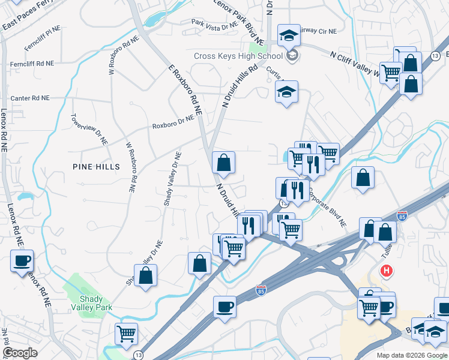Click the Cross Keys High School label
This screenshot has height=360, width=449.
click(x=238, y=56)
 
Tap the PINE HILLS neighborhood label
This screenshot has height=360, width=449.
click(x=96, y=166)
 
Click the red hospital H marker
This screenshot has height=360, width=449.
click(x=387, y=271)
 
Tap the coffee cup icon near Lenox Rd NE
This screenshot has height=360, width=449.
click(x=22, y=261)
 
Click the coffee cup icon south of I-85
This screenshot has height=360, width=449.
click(x=224, y=307)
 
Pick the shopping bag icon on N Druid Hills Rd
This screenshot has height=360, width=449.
click(x=223, y=163)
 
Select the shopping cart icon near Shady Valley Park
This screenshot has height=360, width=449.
click(x=126, y=334)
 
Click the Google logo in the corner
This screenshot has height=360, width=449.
click(x=20, y=353)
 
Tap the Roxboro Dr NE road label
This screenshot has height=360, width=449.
click(x=173, y=122)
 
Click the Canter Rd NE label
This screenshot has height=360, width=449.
click(x=30, y=98)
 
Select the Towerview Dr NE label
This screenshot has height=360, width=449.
click(x=89, y=130)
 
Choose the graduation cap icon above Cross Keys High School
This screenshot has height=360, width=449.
click(x=289, y=35)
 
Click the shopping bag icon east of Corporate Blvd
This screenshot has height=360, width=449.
click(x=363, y=178)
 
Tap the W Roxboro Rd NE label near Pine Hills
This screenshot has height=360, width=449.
click(x=130, y=167)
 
